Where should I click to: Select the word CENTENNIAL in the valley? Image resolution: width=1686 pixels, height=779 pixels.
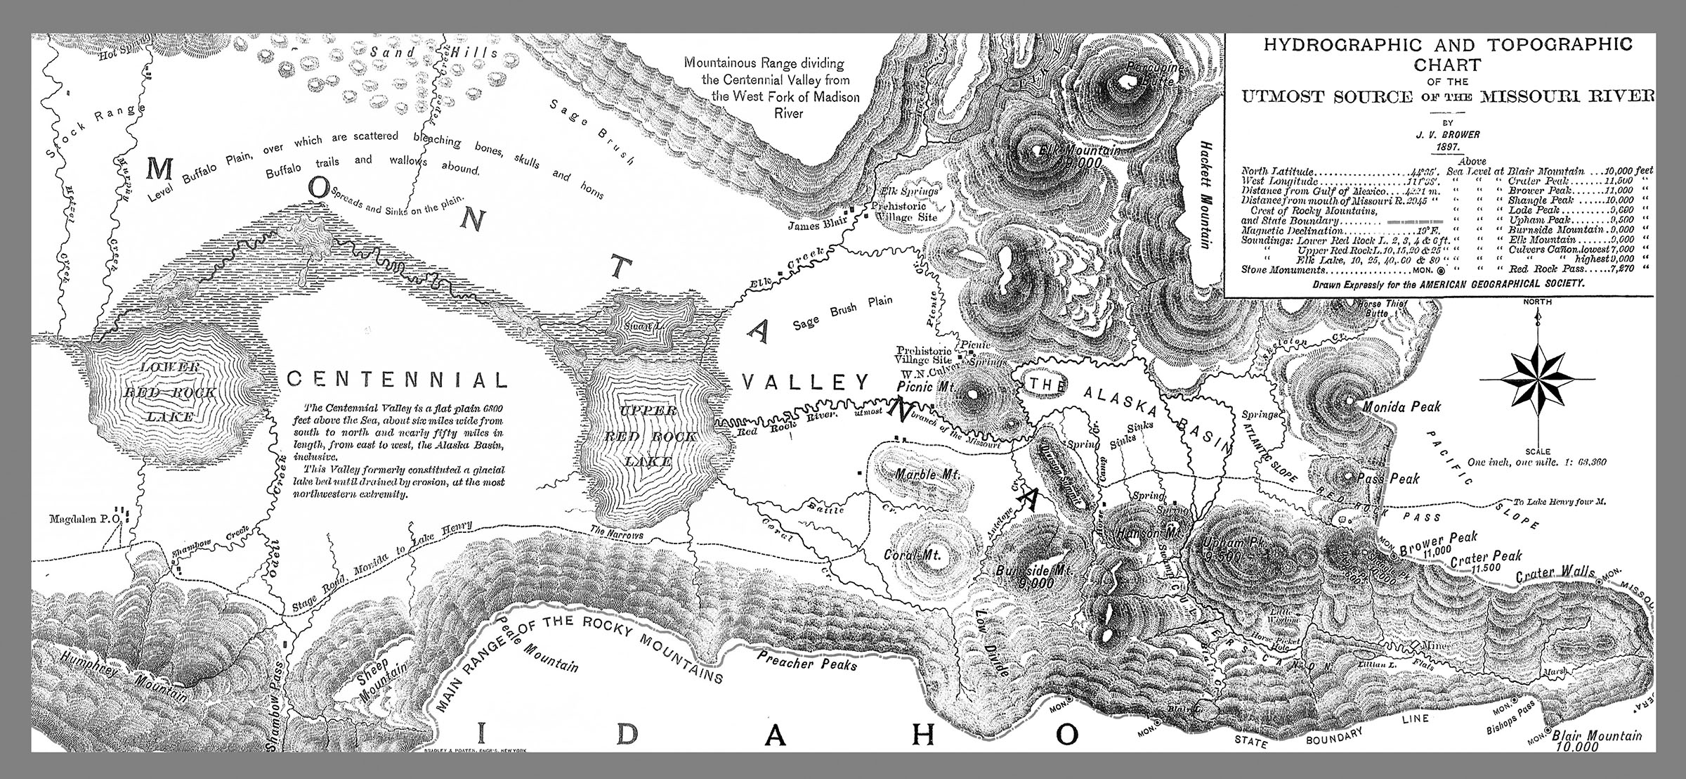coord(397,380)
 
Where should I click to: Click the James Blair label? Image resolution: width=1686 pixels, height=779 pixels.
coord(816,226)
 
